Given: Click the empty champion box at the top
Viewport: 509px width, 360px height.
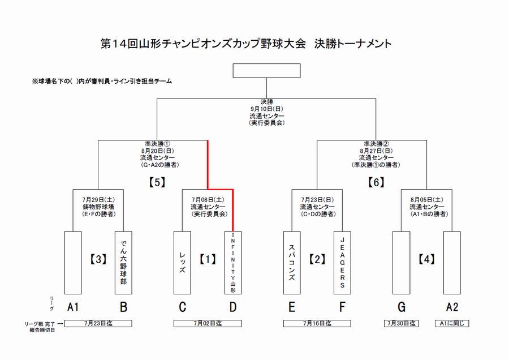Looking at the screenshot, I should click(x=266, y=71).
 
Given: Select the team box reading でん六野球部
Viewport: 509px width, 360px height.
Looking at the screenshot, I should click(x=123, y=262).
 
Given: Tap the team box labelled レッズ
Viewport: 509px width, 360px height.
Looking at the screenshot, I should click(x=182, y=262).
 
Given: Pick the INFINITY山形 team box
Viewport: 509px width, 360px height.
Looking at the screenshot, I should click(x=233, y=262).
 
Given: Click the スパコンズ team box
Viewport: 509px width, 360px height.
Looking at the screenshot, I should click(x=291, y=262).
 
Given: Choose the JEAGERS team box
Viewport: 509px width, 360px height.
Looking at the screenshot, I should click(x=342, y=262).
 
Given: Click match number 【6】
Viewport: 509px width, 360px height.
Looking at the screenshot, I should click(x=376, y=182).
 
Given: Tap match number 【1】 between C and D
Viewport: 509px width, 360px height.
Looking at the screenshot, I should click(x=208, y=260).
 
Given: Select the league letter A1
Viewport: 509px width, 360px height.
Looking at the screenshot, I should click(x=72, y=307).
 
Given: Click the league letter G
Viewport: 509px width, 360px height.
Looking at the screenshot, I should click(x=402, y=307).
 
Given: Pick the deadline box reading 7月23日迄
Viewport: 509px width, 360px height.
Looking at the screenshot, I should click(x=98, y=324).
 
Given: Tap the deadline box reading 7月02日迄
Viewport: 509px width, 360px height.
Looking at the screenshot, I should click(x=208, y=324).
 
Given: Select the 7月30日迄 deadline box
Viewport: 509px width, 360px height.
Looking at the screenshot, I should click(x=402, y=324).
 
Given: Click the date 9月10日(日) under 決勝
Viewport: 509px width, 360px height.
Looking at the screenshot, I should click(x=266, y=109).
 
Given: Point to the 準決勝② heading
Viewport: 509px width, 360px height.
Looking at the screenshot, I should click(x=376, y=144).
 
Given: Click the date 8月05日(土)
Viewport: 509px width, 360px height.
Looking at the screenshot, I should click(x=426, y=200).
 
